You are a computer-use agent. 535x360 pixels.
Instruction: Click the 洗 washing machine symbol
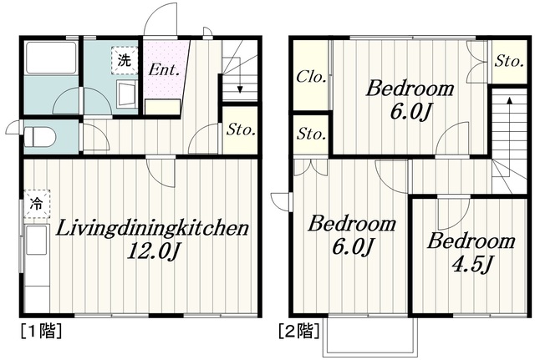coord(125,61)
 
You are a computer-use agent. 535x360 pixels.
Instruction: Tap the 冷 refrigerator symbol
coord(37,204)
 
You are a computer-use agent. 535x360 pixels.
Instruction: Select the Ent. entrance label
coord(164,70)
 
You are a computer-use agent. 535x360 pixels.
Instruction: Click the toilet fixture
coord(41,136)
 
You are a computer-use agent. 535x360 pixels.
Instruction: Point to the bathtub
coord(51,58)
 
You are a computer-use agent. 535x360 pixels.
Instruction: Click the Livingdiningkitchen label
coord(152,228)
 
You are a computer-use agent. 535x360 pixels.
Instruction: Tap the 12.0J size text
coord(153,252)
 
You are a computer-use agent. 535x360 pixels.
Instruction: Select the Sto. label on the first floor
coord(241,129)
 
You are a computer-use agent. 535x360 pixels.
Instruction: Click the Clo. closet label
coord(311,77)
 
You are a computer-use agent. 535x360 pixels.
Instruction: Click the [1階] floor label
coord(41,331)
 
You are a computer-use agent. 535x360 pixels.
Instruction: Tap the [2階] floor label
coord(299,331)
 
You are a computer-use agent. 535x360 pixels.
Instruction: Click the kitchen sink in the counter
coord(36,240)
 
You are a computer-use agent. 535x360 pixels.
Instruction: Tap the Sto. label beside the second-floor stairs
coord(509,62)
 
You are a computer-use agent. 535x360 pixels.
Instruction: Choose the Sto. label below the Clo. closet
coord(311,134)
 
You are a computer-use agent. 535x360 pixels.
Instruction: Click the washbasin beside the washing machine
coord(126,93)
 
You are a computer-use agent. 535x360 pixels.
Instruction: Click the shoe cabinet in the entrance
coord(163,107)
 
